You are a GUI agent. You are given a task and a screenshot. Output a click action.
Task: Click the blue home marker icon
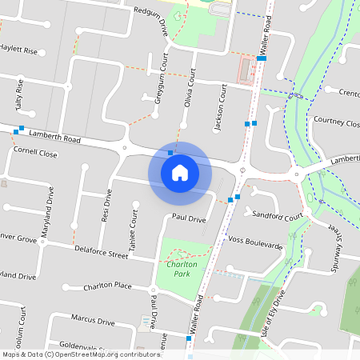pyautogui.click(x=180, y=173)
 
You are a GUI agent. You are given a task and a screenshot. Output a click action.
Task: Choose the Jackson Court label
pyautogui.click(x=220, y=99)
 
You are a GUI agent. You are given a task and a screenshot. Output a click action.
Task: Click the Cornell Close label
pyautogui.click(x=35, y=151)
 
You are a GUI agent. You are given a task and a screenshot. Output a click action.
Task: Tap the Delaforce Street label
pyautogui.click(x=101, y=255)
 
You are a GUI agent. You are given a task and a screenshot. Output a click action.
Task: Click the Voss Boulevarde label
pyautogui.click(x=255, y=239)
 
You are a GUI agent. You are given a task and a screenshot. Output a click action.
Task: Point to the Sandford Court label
pyautogui.click(x=276, y=216)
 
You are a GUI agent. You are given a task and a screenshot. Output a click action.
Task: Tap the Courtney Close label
pyautogui.click(x=337, y=122)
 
